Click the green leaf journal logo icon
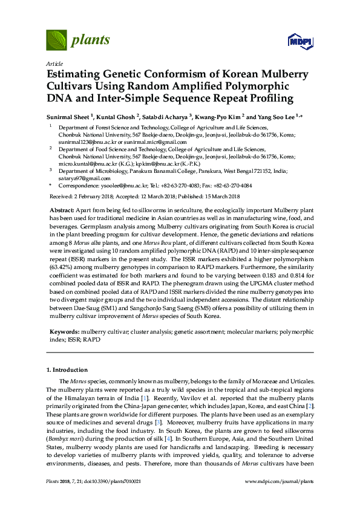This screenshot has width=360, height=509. (x=56, y=41)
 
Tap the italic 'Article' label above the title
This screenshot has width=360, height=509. (x=54, y=63)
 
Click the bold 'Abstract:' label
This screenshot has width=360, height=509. (x=62, y=209)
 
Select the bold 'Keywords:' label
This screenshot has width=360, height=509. (x=64, y=332)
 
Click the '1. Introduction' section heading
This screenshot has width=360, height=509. (x=67, y=369)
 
